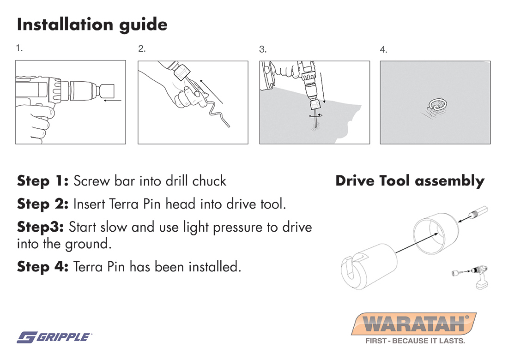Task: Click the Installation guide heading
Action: pyautogui.click(x=92, y=25)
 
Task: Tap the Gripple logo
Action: pyautogui.click(x=54, y=337)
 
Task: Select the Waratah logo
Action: pyautogui.click(x=414, y=324)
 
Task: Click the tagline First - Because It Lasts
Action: pyautogui.click(x=415, y=341)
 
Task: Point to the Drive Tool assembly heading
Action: pyautogui.click(x=410, y=180)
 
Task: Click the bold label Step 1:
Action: pyautogui.click(x=43, y=180)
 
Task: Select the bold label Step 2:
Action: pyautogui.click(x=43, y=204)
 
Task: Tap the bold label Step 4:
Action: pyautogui.click(x=43, y=267)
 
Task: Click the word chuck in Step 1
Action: pyautogui.click(x=209, y=181)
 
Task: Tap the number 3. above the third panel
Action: pyautogui.click(x=263, y=49)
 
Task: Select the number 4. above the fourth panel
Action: pyautogui.click(x=384, y=49)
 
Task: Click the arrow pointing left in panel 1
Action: pyautogui.click(x=113, y=101)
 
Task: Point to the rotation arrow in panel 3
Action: pyautogui.click(x=315, y=115)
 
